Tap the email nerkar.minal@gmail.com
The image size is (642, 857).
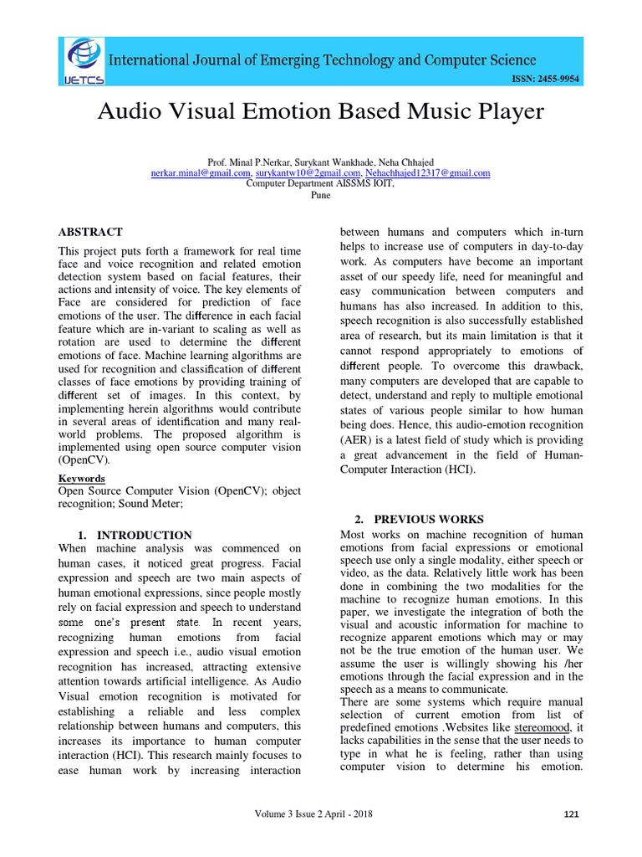coord(201,172)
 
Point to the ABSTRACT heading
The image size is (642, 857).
coord(90,232)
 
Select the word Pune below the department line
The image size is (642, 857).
coord(320,194)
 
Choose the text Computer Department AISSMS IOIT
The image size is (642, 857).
coord(320,183)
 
